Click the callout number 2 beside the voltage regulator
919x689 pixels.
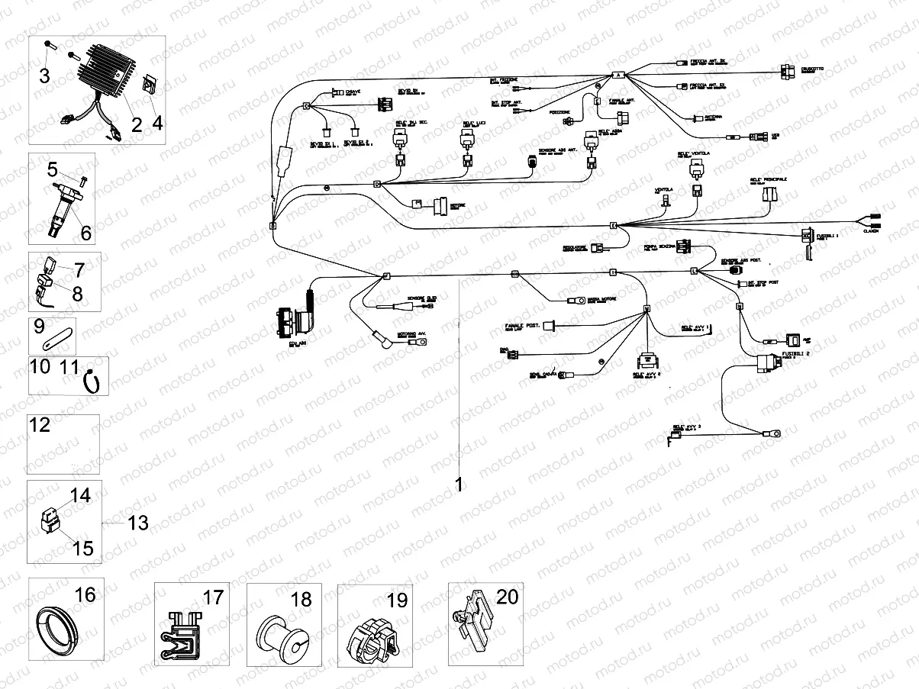(x=137, y=124)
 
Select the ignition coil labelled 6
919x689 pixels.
(x=65, y=207)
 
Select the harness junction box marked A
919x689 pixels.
(x=619, y=75)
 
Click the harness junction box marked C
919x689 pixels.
(x=307, y=107)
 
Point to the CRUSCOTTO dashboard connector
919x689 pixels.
(x=787, y=71)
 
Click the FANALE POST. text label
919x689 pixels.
(x=522, y=326)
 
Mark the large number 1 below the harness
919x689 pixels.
(x=459, y=484)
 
